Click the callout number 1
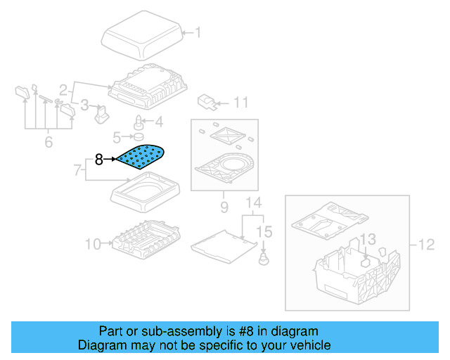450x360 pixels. point(198,32)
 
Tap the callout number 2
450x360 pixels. point(63,90)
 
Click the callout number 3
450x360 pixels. point(84,106)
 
